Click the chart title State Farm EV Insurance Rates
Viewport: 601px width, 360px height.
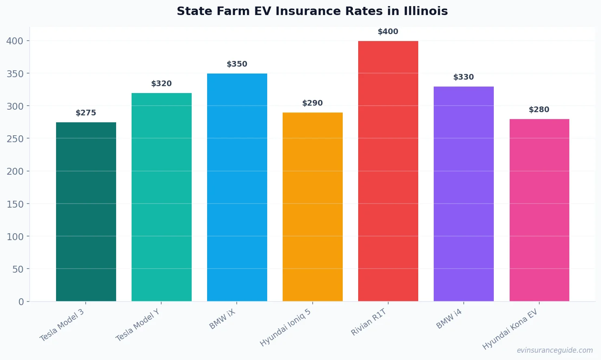(x=312, y=11)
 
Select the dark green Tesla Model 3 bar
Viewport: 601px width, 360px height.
(x=86, y=211)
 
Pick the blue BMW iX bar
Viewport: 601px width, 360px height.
(x=237, y=187)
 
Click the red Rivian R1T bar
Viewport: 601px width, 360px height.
(x=388, y=171)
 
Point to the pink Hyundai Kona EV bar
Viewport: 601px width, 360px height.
(x=539, y=210)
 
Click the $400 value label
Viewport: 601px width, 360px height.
(x=388, y=32)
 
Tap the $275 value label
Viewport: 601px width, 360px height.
(x=86, y=113)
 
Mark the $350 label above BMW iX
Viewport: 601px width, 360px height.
(x=237, y=64)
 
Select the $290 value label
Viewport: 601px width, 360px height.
(x=312, y=103)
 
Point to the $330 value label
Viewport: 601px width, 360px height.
(x=463, y=77)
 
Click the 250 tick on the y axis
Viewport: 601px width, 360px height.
(x=15, y=139)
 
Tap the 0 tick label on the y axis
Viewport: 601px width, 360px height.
(x=21, y=301)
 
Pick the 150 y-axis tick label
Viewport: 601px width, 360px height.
(x=15, y=204)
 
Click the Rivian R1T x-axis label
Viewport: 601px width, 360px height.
(x=369, y=322)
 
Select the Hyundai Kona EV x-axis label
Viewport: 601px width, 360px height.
(x=510, y=329)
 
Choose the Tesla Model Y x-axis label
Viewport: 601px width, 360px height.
(x=138, y=325)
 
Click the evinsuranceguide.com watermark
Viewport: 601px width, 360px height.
(x=555, y=350)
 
